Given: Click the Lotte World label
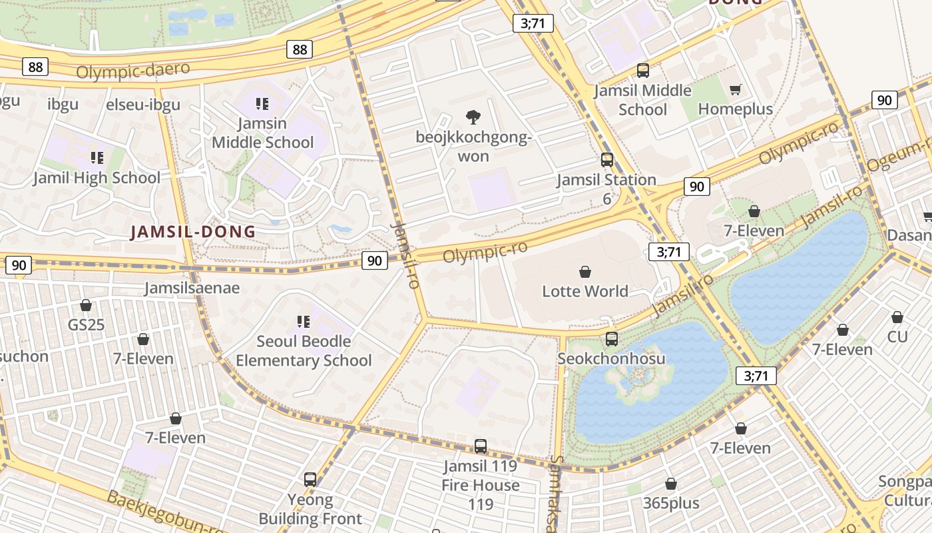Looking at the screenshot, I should click(584, 291).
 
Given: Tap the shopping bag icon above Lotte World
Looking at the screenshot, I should click(584, 272).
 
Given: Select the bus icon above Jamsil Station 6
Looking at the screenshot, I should click(606, 160).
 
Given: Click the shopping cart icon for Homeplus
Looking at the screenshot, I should click(736, 89).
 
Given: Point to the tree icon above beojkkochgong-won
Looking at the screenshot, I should click(473, 117).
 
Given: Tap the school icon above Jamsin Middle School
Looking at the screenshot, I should click(262, 104).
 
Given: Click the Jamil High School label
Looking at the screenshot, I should click(97, 178).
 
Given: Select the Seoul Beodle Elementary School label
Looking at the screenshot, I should click(304, 350).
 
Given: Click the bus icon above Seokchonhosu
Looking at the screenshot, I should click(611, 339).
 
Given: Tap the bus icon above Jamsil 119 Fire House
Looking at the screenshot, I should click(481, 446).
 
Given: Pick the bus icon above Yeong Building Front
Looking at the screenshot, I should click(310, 480).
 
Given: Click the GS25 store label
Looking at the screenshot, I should click(87, 325).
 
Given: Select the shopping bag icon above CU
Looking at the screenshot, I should click(897, 317).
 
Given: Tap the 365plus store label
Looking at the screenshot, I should click(671, 503).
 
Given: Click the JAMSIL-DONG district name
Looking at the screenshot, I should click(193, 232).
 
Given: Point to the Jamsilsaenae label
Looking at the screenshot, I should click(192, 288).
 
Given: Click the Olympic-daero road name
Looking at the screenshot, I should click(132, 70).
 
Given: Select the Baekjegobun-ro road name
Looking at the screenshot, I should click(166, 513).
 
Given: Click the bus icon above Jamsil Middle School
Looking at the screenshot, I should click(642, 71).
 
